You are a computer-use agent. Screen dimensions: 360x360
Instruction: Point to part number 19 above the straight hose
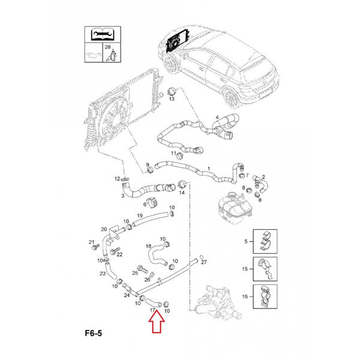pyautogui.click(x=139, y=215)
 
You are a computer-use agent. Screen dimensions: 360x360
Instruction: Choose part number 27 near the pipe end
pyautogui.click(x=204, y=262)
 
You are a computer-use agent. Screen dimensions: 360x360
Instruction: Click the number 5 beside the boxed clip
pyautogui.click(x=245, y=241)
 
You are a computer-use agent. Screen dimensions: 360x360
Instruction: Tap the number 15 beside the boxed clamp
pyautogui.click(x=245, y=269)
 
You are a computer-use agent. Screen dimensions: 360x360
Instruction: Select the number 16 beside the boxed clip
pyautogui.click(x=245, y=296)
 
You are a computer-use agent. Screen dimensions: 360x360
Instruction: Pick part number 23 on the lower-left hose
pyautogui.click(x=103, y=274)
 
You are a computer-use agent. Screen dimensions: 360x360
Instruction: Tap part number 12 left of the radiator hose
pyautogui.click(x=118, y=179)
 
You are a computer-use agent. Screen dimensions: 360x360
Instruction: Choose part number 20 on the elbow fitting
pyautogui.click(x=104, y=229)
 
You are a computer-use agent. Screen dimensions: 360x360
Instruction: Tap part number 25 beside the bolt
pyautogui.click(x=134, y=273)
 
